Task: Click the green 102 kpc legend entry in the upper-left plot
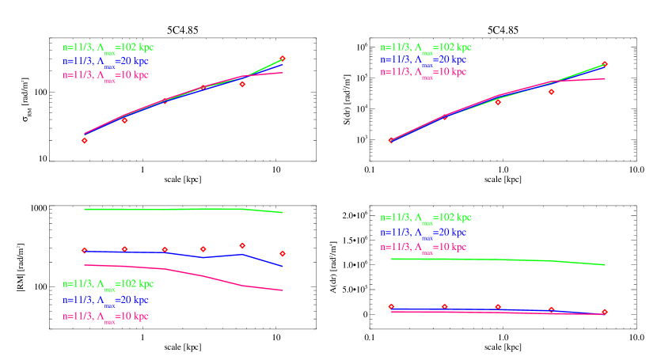108,47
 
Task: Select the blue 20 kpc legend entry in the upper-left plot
105,61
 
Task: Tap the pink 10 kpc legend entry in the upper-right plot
423,72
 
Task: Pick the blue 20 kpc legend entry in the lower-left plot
105,301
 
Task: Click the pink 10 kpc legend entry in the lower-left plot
105,316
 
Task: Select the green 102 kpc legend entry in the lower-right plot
425,218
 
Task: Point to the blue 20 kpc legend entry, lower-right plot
423,233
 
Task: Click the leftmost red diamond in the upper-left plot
85,141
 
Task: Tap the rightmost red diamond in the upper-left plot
283,59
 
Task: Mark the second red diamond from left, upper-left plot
124,120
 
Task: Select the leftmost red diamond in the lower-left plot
85,251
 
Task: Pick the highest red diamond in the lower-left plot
242,245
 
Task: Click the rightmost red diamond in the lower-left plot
283,254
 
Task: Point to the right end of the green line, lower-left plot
283,212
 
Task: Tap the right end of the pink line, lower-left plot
283,290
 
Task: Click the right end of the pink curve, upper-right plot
606,78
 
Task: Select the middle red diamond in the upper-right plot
498,103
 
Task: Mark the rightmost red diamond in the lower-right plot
605,312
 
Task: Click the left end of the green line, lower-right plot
391,259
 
